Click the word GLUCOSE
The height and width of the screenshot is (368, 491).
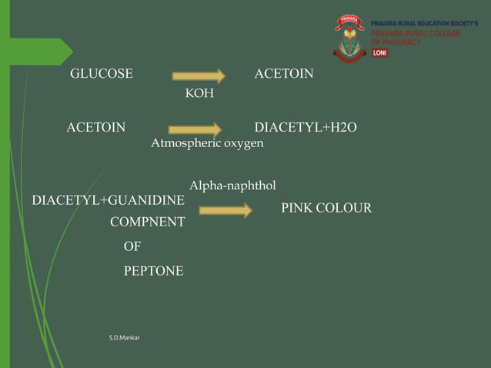102,74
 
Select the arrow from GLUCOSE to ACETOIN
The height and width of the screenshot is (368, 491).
199,76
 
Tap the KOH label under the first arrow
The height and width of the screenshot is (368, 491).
199,94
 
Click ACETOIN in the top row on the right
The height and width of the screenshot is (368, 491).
283,74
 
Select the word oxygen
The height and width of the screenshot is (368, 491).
243,144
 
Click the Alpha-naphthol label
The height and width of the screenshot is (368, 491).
232,186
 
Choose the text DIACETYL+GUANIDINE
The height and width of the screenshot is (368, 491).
109,201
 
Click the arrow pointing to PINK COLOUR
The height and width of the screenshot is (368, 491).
225,210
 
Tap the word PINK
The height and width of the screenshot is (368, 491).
296,208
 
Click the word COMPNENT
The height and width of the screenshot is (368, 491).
147,222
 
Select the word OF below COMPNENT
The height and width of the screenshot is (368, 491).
132,247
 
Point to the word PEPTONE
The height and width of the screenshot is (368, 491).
153,271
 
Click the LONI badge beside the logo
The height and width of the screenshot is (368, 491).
380,53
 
